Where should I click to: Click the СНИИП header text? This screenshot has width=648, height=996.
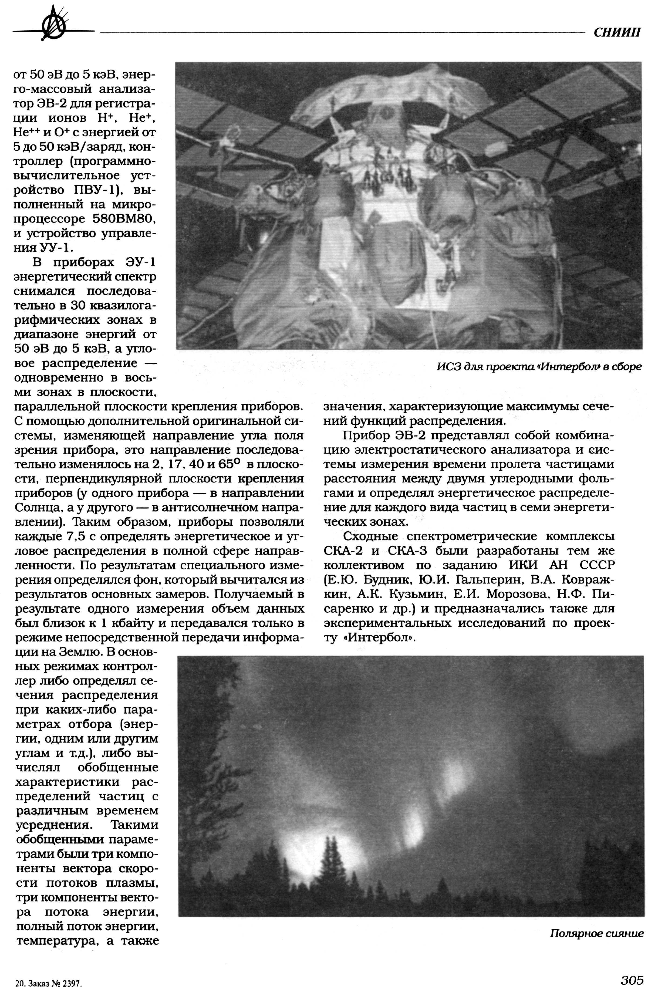[x=617, y=33]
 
